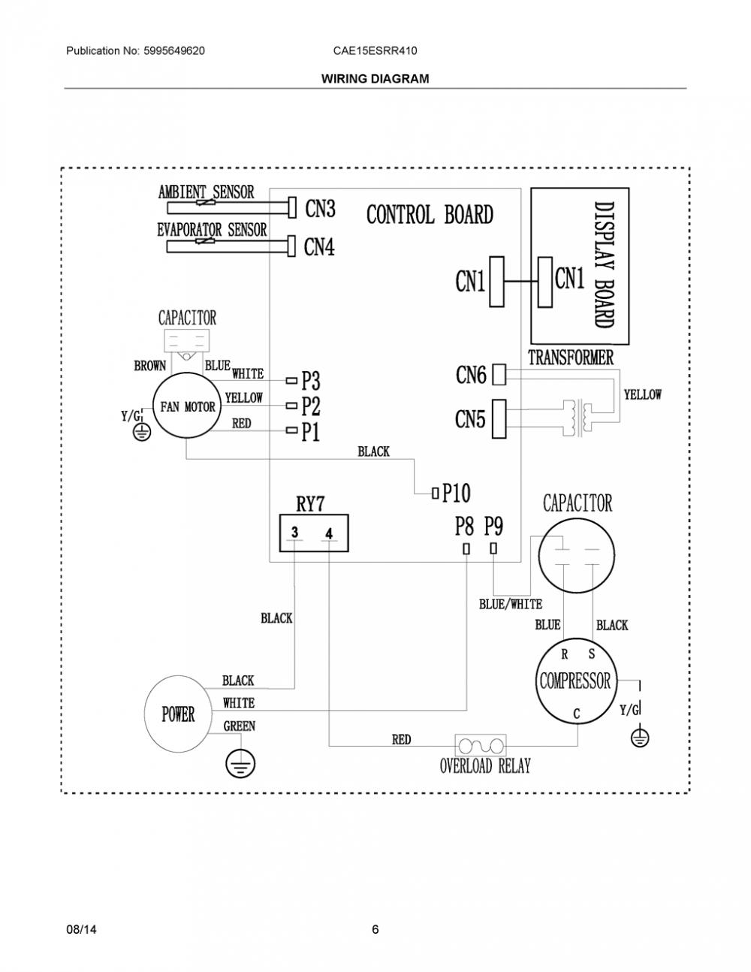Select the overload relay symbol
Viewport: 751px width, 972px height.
point(481,746)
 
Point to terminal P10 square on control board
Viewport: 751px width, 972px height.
point(435,494)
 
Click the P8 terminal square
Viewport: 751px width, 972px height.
point(466,549)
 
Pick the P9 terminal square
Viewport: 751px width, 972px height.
point(493,548)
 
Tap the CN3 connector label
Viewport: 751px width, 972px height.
point(320,208)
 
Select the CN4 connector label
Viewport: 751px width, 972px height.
point(319,246)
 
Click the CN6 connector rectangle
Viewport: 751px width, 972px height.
point(499,374)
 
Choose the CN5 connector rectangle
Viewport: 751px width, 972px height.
point(499,418)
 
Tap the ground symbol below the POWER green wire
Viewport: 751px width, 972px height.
point(240,764)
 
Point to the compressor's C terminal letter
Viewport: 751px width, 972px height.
point(577,714)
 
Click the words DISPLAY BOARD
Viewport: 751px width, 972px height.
point(604,265)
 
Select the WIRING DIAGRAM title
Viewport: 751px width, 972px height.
point(375,79)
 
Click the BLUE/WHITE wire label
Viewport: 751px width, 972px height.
point(511,605)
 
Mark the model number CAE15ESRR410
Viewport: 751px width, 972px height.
point(375,51)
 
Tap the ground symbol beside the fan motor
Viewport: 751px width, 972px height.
point(142,432)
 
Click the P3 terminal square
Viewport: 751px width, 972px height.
point(291,381)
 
